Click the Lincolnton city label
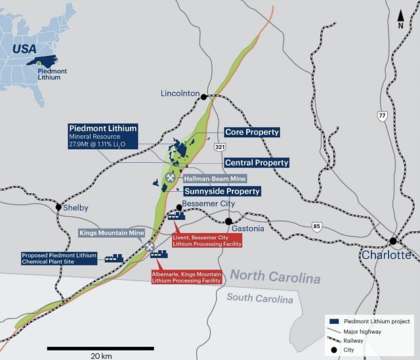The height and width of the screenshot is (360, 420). [180, 94]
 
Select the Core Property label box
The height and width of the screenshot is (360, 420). [252, 132]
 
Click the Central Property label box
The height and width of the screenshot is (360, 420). [257, 162]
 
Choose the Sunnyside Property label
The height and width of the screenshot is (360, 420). [222, 191]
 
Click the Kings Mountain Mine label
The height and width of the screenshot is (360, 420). [112, 233]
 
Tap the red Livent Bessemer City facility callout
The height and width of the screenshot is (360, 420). [207, 239]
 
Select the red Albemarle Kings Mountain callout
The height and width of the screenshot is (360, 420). [186, 277]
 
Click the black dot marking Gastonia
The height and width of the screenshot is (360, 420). [228, 221]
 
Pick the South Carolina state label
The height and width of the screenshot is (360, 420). [259, 299]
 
